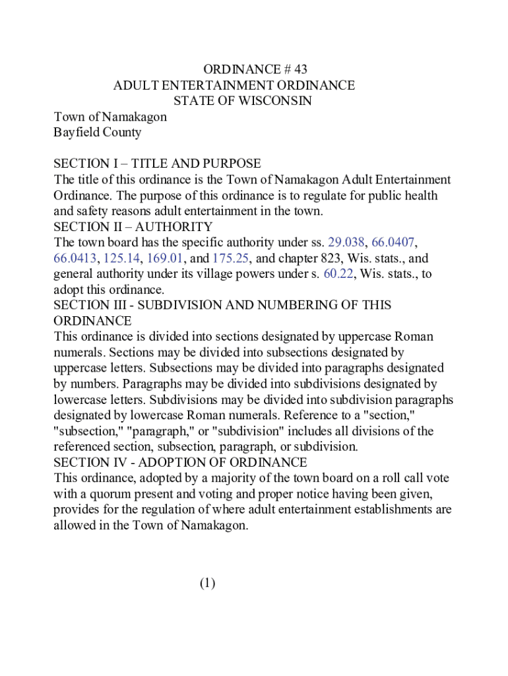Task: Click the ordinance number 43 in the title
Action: tap(300, 69)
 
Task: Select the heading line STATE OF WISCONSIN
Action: tap(242, 101)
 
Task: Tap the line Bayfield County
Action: tap(97, 132)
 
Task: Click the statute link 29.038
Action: tap(341, 242)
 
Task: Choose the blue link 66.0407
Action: tap(394, 242)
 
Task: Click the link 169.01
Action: tap(166, 258)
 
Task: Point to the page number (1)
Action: tap(207, 583)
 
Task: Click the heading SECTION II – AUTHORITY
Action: tap(133, 226)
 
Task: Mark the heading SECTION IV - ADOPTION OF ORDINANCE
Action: tap(180, 462)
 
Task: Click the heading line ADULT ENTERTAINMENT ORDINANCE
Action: tap(234, 85)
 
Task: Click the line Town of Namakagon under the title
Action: tap(110, 117)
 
